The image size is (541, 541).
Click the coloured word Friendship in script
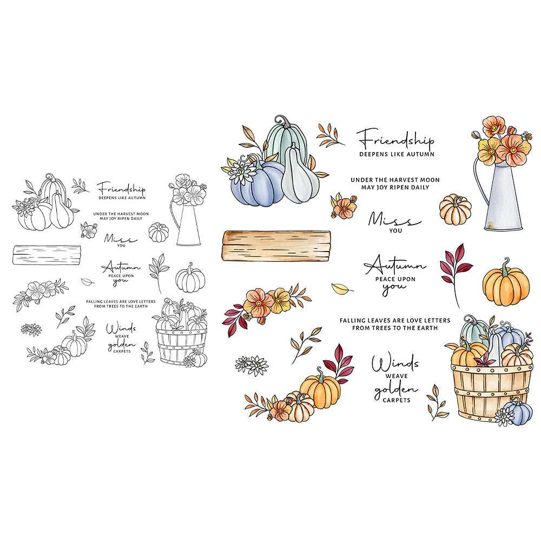(x=395, y=138)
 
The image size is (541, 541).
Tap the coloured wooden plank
(x=276, y=246)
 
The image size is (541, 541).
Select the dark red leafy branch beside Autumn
(x=456, y=273)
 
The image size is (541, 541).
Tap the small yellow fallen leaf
(x=341, y=288)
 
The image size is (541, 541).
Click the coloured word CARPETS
(x=397, y=400)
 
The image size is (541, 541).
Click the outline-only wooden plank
(x=47, y=255)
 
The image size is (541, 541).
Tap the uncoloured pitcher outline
(x=186, y=221)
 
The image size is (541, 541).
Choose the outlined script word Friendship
(x=121, y=189)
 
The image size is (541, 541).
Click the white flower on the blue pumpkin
(x=241, y=171)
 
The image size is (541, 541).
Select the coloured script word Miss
(x=394, y=219)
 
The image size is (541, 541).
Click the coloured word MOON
(x=430, y=180)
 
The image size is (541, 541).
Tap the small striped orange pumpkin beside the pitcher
(x=456, y=209)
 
